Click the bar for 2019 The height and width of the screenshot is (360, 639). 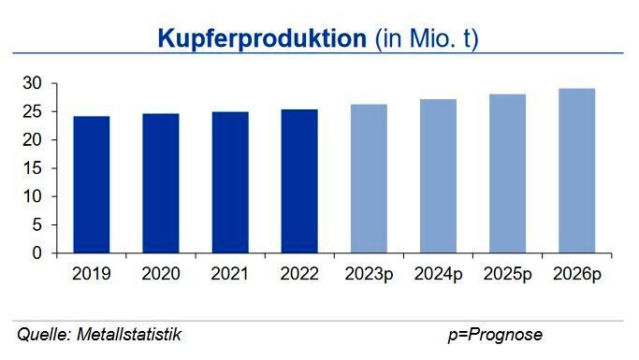click(x=91, y=184)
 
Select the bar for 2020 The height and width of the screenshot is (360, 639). click(x=160, y=183)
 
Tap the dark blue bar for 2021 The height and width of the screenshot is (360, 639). click(x=229, y=182)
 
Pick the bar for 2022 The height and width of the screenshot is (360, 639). click(x=298, y=181)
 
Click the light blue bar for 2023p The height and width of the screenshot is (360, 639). click(x=369, y=179)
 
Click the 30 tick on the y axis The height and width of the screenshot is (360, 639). click(x=33, y=83)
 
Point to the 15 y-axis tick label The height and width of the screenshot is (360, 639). click(x=33, y=168)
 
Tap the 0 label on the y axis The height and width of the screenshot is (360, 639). click(x=37, y=253)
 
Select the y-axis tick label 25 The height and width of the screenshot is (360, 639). click(x=33, y=112)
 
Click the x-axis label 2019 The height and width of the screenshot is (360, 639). click(x=91, y=275)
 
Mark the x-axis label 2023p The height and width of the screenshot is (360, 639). click(x=369, y=275)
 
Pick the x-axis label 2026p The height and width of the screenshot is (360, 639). click(x=576, y=275)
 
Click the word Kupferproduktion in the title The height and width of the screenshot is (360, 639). click(x=261, y=39)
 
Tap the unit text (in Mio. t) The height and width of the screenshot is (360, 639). click(x=427, y=39)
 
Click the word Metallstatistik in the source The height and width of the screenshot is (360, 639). click(x=130, y=335)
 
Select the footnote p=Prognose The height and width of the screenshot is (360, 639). click(x=494, y=335)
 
